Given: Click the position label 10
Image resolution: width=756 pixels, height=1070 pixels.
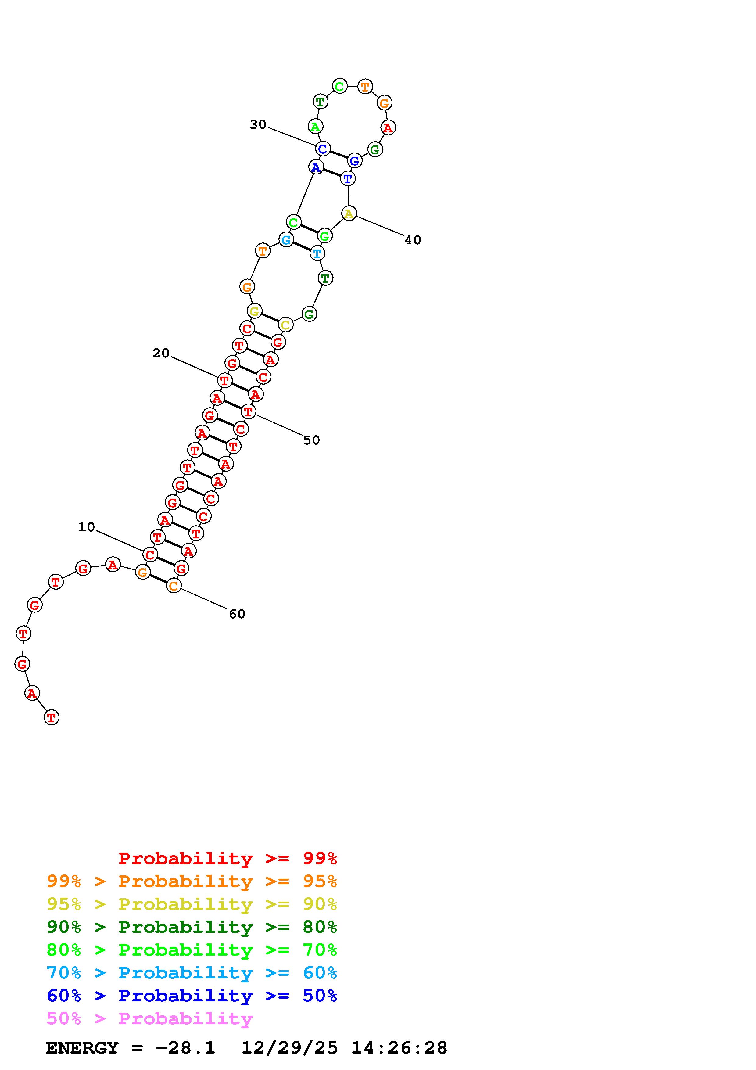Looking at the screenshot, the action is (x=86, y=527).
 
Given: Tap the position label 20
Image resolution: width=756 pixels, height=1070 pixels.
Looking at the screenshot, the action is (x=161, y=353).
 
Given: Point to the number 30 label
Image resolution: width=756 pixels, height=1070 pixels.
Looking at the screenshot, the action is (x=258, y=124).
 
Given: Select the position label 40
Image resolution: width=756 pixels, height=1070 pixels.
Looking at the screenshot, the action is (x=413, y=240).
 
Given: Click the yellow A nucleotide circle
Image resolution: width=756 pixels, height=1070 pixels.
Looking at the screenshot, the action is (x=349, y=214).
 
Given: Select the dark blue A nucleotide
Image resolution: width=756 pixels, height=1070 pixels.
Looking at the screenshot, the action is (x=316, y=167).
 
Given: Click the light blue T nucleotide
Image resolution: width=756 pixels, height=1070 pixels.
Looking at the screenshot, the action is (x=317, y=253).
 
